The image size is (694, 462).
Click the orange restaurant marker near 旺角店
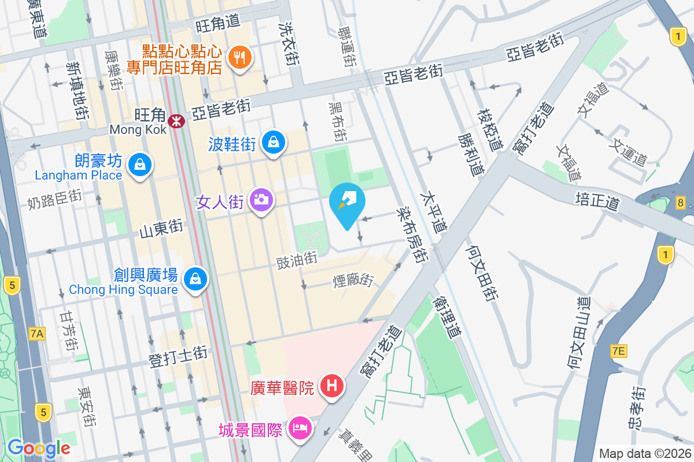pyautogui.click(x=239, y=57)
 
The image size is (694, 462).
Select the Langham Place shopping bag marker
pyautogui.click(x=139, y=165)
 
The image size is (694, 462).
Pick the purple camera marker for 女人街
pyautogui.click(x=261, y=200)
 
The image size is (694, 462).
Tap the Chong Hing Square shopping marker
pyautogui.click(x=195, y=279)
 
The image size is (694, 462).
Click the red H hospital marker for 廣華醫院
pyautogui.click(x=331, y=385)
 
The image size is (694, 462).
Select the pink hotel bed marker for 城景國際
pyautogui.click(x=300, y=428)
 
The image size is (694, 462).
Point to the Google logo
pyautogui.click(x=39, y=448)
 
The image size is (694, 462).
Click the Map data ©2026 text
pyautogui.click(x=644, y=453)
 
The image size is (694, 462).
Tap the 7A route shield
pyautogui.click(x=36, y=333)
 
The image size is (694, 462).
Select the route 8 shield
pyautogui.click(x=680, y=202)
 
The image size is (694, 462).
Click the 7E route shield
pyautogui.click(x=618, y=351)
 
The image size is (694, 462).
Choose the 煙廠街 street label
pyautogui.click(x=353, y=280)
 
